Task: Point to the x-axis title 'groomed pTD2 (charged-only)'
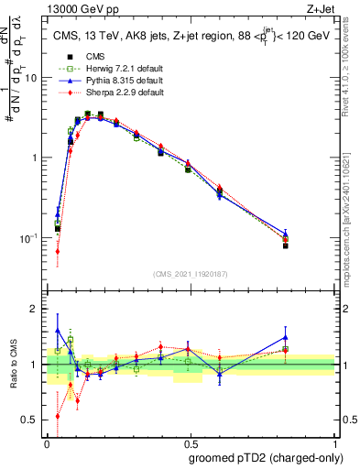260,457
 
